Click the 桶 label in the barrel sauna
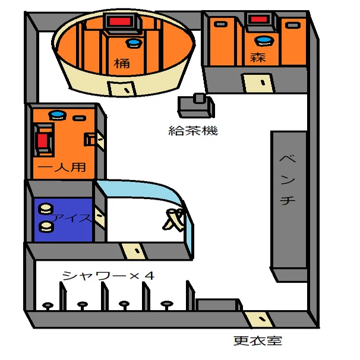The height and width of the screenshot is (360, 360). coord(122,63)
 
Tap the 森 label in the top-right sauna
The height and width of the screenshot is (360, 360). coord(258,57)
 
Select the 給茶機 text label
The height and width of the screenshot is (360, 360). coord(193,131)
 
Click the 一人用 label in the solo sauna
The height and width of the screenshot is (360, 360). coord(62,167)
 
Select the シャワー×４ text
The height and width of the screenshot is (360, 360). coord(108,275)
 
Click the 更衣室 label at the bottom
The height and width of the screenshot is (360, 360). coord(258,340)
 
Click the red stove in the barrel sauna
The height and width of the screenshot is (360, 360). coord(120,22)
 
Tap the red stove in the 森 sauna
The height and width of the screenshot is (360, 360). coord(259,19)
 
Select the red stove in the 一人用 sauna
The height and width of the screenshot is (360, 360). coord(42,141)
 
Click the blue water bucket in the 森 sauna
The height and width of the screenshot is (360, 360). coord(264,40)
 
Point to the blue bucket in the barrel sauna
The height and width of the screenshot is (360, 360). coord(134,43)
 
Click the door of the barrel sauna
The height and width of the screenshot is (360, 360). coord(122,89)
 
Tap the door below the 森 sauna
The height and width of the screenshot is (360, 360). coord(259,83)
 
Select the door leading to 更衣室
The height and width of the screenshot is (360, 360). coord(258,319)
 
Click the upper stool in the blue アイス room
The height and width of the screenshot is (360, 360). coord(46,209)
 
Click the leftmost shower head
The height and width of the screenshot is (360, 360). coord(48,306)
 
